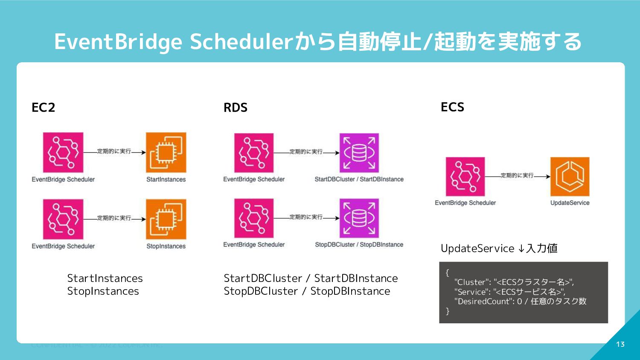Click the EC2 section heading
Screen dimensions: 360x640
click(44, 107)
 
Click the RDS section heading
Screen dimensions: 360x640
click(236, 107)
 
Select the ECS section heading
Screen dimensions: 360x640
click(452, 107)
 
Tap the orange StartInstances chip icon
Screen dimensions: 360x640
click(166, 152)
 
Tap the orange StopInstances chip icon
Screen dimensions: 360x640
click(166, 219)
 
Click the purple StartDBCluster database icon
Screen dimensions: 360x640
click(359, 153)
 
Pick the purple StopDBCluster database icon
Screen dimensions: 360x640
click(359, 218)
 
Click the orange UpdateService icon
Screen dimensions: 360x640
click(570, 176)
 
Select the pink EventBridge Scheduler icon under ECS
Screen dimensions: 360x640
click(465, 176)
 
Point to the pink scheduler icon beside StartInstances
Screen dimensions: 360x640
click(63, 152)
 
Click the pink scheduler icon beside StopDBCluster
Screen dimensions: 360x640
click(254, 218)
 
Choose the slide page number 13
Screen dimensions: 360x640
click(620, 344)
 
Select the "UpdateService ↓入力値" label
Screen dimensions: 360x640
click(499, 248)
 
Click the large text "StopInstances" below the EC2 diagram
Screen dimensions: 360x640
click(103, 291)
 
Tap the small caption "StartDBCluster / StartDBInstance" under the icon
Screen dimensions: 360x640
click(359, 179)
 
